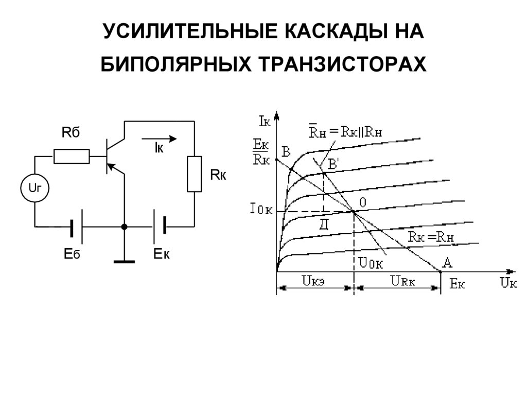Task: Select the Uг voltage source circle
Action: tap(34, 188)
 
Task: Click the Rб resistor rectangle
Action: tap(72, 156)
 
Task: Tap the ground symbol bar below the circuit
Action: tap(124, 262)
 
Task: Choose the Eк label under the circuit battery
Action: tap(162, 253)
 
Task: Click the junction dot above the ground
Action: tap(124, 227)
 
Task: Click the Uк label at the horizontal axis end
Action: tap(507, 283)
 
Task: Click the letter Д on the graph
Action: tap(324, 224)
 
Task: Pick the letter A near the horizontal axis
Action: tap(447, 263)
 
